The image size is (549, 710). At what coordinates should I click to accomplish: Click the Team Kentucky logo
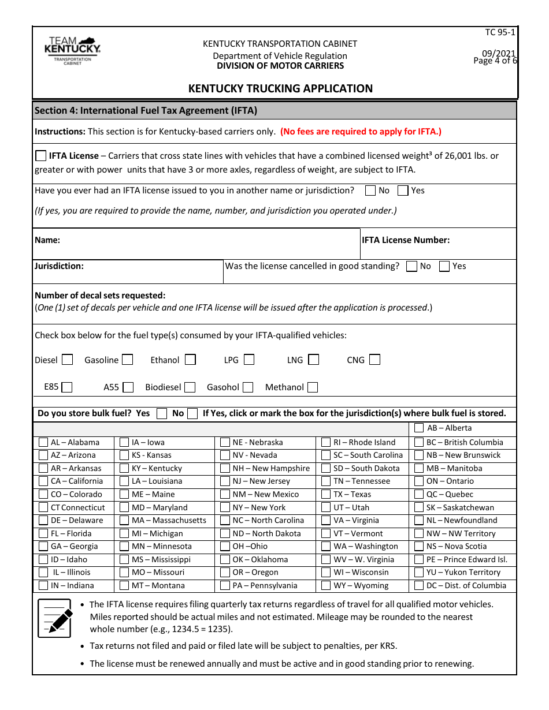[x=72, y=51]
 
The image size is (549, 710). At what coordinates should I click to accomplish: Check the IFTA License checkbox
[x=41, y=156]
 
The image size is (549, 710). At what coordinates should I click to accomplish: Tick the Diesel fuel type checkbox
[x=68, y=360]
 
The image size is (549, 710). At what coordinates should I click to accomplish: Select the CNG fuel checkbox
[x=375, y=360]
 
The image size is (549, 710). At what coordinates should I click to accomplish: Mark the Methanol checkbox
[x=313, y=387]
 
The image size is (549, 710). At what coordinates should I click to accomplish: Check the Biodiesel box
[x=190, y=387]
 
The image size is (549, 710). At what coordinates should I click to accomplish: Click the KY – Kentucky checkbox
[x=124, y=468]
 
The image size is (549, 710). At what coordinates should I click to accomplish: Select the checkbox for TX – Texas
[x=326, y=494]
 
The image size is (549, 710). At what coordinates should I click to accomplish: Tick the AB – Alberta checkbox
[x=419, y=428]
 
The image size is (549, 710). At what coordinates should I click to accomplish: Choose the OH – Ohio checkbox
[x=225, y=546]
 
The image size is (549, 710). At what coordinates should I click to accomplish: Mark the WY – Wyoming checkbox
[x=326, y=585]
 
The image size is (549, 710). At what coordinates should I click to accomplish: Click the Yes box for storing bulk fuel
[x=162, y=413]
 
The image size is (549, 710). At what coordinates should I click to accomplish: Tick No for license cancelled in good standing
[x=412, y=266]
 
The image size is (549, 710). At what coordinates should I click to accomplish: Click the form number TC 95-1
[x=500, y=32]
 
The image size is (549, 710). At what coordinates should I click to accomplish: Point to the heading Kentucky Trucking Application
[x=280, y=88]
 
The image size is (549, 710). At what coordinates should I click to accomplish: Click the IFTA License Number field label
[x=406, y=240]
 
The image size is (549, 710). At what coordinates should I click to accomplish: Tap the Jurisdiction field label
[x=59, y=266]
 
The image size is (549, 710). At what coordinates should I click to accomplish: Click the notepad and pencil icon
[x=55, y=618]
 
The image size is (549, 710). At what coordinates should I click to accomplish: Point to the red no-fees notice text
[x=361, y=131]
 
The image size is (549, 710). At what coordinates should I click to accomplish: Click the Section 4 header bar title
[x=146, y=110]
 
